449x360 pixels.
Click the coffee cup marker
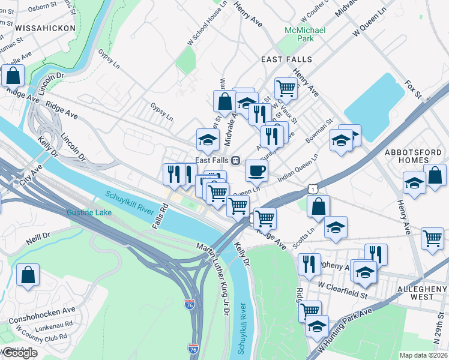click(256, 170)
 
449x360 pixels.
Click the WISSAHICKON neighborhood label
click(46, 28)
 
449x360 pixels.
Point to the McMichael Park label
click(304, 34)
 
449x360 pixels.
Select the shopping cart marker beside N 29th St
click(432, 238)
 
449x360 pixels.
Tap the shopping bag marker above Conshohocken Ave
click(28, 275)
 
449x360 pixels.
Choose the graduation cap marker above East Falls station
click(208, 139)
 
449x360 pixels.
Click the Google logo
click(20, 353)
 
